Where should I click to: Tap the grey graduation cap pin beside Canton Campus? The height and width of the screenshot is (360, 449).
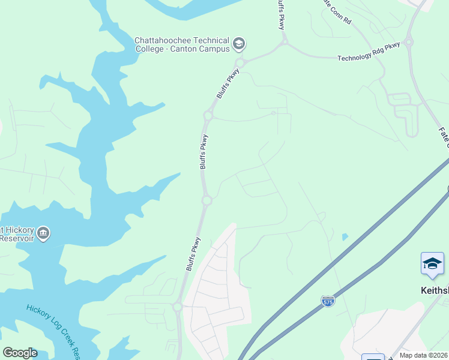239,43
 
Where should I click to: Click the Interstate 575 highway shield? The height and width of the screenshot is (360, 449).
328,301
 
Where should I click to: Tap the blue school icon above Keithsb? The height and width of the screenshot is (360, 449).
432,265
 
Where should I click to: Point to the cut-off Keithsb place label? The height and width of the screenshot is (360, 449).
435,290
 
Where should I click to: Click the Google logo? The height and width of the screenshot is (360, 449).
20,352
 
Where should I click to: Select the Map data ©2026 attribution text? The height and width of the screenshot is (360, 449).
423,355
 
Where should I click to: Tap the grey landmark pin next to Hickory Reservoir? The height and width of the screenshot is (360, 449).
43,233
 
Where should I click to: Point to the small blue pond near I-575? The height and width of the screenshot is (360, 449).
345,237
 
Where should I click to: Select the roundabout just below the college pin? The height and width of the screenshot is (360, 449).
240,62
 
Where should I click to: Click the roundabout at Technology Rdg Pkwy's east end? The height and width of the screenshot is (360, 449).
409,43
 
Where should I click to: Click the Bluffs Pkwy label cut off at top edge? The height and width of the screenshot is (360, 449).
280,14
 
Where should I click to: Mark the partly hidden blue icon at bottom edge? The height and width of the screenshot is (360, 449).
373,357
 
